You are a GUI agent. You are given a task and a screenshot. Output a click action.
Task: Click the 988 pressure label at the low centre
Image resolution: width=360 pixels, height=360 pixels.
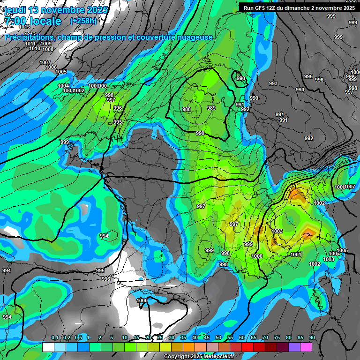tap(187, 109)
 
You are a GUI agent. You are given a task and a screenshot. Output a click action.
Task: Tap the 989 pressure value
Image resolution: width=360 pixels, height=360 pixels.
tap(211, 108)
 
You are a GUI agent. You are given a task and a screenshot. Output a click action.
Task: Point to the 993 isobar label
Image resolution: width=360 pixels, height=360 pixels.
tap(273, 83)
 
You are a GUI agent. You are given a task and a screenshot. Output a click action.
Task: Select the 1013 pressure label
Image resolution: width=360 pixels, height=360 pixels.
tap(24, 27)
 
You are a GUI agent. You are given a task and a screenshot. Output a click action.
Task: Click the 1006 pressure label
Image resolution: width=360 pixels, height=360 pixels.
tap(51, 67)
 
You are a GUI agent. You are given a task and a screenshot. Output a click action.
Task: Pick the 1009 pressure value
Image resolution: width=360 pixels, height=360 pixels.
tap(46, 44)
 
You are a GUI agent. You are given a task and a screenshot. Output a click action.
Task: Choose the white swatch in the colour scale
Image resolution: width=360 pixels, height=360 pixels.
tap(48, 347)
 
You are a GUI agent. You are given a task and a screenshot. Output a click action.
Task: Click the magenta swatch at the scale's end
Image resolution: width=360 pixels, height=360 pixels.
tap(306, 347)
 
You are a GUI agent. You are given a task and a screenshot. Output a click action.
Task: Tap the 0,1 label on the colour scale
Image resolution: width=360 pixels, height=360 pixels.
tap(54, 338)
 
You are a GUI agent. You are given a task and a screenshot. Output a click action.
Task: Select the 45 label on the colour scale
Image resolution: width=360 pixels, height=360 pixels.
tap(207, 338)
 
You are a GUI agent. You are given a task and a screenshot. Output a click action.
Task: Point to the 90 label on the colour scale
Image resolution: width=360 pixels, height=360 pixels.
tap(312, 338)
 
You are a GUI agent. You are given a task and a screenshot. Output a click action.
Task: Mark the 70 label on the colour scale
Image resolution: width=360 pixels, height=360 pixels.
tap(265, 338)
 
